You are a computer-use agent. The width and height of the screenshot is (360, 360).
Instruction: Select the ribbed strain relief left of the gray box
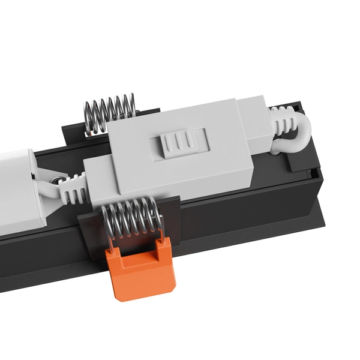pos(72,188)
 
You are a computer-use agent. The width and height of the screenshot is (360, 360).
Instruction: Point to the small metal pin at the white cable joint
pos(56,180)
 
